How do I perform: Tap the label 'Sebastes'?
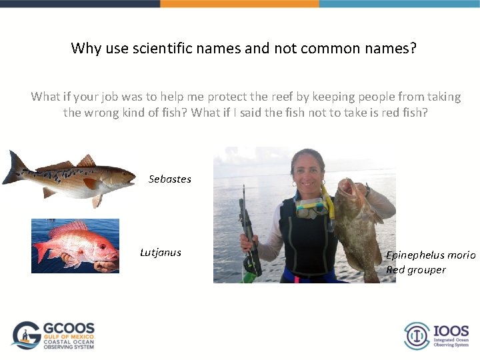click(x=169, y=179)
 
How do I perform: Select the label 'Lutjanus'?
click(x=160, y=252)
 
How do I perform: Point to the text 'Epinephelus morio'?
click(x=431, y=255)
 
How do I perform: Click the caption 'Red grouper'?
click(x=415, y=269)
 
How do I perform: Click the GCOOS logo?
click(x=53, y=335)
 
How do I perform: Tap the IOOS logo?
click(x=436, y=335)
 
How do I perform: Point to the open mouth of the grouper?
click(x=347, y=189)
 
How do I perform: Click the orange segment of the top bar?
click(x=239, y=3)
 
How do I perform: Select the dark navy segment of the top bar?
click(x=80, y=3)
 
